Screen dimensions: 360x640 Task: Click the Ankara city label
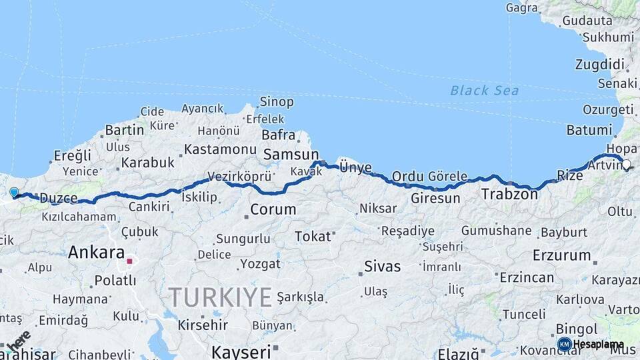point(96,253)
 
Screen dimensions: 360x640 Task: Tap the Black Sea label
point(484,90)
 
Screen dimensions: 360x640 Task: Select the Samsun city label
point(291,155)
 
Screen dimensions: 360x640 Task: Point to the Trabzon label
point(509,195)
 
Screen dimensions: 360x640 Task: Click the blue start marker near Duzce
point(14,192)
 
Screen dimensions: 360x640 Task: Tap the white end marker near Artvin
point(626,164)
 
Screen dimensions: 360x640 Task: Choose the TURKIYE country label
point(220,296)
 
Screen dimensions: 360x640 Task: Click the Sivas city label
point(383,267)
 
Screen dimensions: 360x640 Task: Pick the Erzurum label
point(562,255)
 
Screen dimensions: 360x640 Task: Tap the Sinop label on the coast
point(276,102)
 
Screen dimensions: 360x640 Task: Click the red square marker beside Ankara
point(129,261)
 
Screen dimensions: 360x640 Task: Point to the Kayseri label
point(241,351)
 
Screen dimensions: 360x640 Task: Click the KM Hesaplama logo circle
point(564,344)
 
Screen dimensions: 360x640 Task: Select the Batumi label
point(589,130)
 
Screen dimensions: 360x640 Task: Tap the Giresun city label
point(435,198)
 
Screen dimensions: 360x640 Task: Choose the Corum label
point(273,209)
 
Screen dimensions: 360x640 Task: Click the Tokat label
point(313,236)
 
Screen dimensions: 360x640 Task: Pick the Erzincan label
point(527,277)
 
